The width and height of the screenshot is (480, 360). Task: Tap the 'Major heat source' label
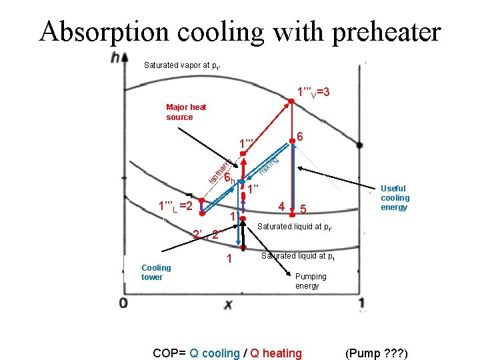[186, 112]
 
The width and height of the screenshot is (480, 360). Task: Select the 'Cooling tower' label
[156, 272]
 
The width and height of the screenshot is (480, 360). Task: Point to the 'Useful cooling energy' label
[395, 198]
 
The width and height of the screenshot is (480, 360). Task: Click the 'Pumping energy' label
[311, 281]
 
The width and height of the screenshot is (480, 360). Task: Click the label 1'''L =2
[175, 206]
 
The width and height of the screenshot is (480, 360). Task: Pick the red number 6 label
[301, 136]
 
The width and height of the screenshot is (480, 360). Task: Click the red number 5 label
[303, 209]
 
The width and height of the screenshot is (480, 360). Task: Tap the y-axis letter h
[119, 58]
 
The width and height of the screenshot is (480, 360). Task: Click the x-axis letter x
[229, 304]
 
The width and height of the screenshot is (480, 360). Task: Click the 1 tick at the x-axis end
[361, 304]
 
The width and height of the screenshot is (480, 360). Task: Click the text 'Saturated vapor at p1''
[182, 65]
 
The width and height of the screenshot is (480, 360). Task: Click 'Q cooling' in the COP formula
[214, 353]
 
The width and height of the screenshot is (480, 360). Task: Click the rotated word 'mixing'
[269, 165]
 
